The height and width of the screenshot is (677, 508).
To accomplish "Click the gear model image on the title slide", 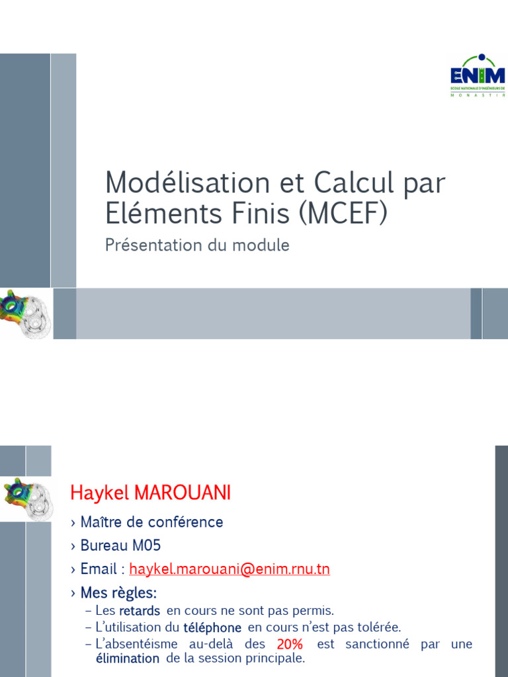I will point(24,313).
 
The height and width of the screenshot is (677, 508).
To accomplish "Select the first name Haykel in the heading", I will point(99,493).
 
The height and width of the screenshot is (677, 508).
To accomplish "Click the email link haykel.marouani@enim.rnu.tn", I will point(230,569).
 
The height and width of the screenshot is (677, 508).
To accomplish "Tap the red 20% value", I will point(290,644).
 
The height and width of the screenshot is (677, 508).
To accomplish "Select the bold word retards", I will point(140,611).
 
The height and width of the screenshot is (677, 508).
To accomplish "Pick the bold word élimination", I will point(128,658).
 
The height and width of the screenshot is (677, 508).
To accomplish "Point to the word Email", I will point(97,569).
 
